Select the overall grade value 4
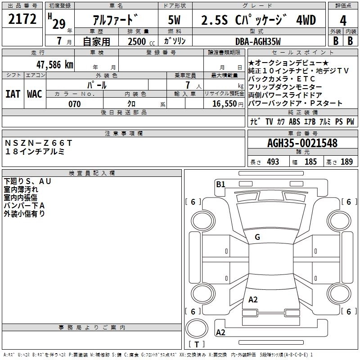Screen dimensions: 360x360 [343, 20]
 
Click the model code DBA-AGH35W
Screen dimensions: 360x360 [258, 41]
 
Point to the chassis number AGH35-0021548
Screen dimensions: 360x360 [302, 143]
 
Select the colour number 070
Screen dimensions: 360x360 [74, 104]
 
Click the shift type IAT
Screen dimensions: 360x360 [13, 94]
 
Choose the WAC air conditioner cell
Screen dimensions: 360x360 [35, 94]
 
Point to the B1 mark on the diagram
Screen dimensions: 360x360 [220, 184]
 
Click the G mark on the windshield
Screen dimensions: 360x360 [257, 237]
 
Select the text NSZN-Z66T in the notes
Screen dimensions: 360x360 [38, 143]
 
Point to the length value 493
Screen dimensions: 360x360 [273, 162]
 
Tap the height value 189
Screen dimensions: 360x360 [346, 162]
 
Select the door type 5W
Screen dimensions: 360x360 [175, 20]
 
